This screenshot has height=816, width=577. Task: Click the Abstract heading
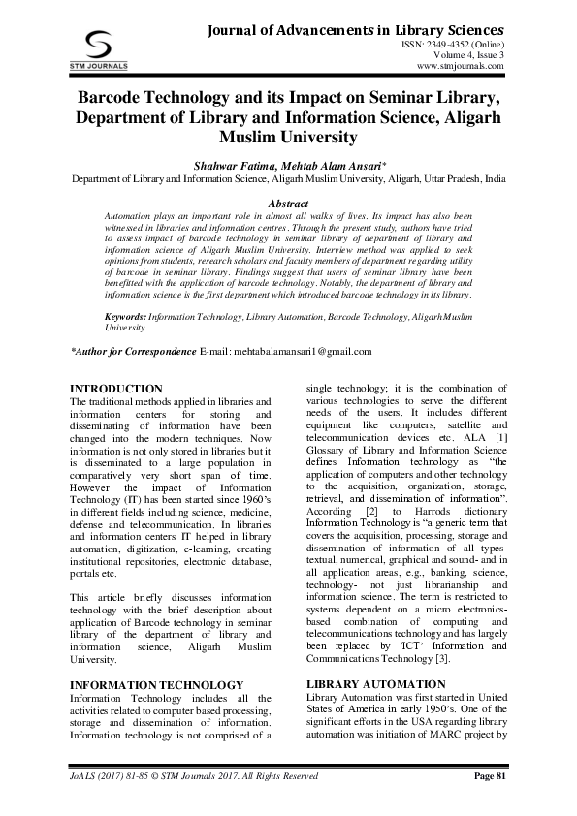coord(288,204)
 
